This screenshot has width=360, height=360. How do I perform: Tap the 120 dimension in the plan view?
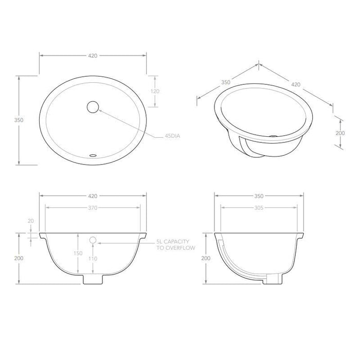pyautogui.click(x=155, y=91)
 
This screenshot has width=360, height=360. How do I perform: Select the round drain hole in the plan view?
pyautogui.click(x=93, y=107)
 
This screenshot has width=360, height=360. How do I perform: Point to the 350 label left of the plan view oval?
pyautogui.click(x=19, y=120)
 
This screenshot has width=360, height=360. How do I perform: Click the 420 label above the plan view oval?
pyautogui.click(x=93, y=55)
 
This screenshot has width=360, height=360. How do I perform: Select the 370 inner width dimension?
pyautogui.click(x=93, y=208)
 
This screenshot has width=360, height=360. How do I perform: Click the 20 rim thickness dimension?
pyautogui.click(x=30, y=221)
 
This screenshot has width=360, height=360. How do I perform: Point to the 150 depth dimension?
pyautogui.click(x=78, y=254)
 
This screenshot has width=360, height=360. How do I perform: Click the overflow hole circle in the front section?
pyautogui.click(x=93, y=240)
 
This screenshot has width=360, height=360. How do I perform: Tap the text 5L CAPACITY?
pyautogui.click(x=173, y=241)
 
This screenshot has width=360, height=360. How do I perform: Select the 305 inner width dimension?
pyautogui.click(x=259, y=208)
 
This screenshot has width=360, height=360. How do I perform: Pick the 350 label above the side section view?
pyautogui.click(x=259, y=196)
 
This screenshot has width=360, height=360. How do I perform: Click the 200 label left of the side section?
pyautogui.click(x=206, y=258)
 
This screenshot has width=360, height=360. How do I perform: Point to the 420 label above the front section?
pyautogui.click(x=93, y=196)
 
